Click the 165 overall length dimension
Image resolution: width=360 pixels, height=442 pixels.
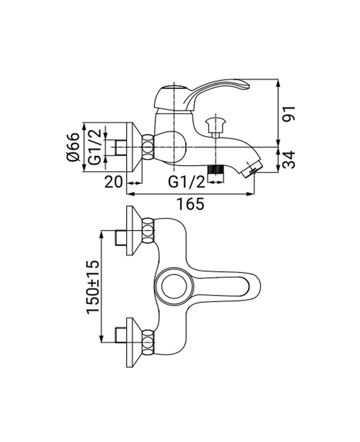tap(191, 204)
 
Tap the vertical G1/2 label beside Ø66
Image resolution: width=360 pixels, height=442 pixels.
tap(94, 147)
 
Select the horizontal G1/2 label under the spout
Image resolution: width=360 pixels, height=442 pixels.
tap(187, 182)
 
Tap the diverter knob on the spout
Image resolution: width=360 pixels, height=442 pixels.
tap(216, 123)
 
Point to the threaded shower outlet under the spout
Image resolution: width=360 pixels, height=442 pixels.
tap(216, 170)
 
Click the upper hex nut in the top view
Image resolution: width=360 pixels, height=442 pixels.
tap(148, 231)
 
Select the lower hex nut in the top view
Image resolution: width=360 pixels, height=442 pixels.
tap(148, 342)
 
